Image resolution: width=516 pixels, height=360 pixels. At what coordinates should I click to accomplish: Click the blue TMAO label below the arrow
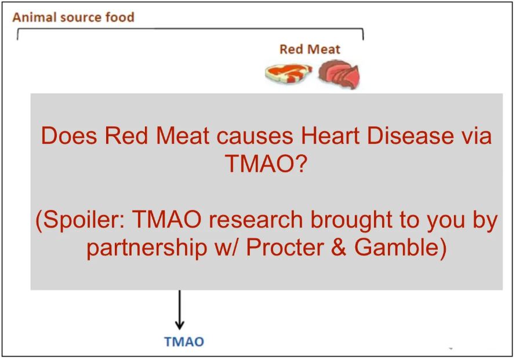(x=184, y=341)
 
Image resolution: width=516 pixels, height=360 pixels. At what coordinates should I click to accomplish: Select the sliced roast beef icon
(x=339, y=74)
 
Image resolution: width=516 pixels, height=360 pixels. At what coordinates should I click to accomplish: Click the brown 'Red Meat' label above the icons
(x=310, y=49)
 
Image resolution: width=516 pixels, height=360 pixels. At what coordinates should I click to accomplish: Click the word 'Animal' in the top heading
(x=34, y=17)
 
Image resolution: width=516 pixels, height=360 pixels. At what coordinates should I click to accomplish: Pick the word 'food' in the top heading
(x=120, y=17)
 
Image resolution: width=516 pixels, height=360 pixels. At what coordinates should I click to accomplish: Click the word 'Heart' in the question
(x=330, y=135)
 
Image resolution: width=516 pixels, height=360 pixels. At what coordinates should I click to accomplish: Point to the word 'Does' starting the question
(x=69, y=135)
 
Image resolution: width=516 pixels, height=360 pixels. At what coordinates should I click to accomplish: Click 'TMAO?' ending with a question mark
(x=266, y=163)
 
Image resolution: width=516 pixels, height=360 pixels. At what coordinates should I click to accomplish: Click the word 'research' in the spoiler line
(x=256, y=220)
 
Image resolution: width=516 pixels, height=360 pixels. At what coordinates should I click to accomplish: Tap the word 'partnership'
(x=147, y=248)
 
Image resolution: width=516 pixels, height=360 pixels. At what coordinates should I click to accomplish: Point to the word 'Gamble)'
(x=401, y=248)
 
